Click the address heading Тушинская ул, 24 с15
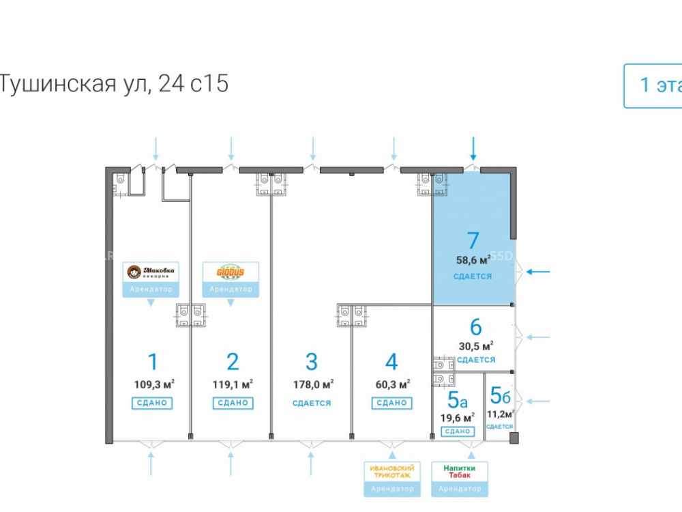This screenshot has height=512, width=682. click(113, 84)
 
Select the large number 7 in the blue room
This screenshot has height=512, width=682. click(473, 241)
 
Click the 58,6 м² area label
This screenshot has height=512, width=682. click(473, 260)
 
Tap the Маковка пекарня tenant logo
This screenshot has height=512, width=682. click(151, 272)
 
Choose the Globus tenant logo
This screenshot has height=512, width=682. click(231, 272)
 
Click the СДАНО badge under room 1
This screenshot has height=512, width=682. click(152, 403)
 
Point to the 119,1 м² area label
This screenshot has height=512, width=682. click(233, 384)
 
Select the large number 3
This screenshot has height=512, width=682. click(312, 361)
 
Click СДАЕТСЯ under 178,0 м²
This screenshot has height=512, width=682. click(312, 403)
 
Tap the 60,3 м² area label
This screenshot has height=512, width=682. click(391, 384)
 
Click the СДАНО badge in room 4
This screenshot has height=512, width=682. click(391, 403)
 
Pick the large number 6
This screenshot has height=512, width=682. click(476, 327)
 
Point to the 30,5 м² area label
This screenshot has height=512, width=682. click(476, 345)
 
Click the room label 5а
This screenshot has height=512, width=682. click(458, 397)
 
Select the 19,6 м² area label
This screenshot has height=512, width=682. click(458, 417)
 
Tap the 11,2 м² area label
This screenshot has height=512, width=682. click(500, 414)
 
